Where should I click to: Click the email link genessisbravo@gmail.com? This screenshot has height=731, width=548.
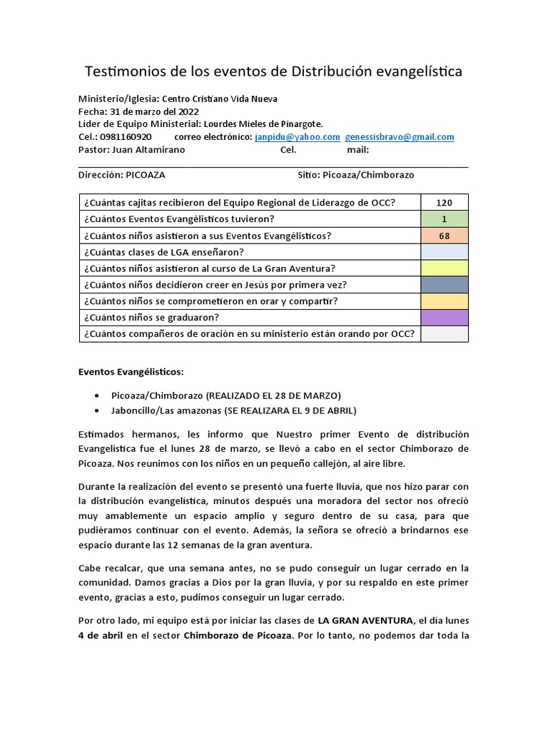click(399, 137)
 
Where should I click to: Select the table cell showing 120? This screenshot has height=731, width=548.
click(445, 203)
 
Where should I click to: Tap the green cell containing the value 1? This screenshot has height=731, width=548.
click(445, 218)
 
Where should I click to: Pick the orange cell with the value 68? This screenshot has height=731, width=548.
click(445, 236)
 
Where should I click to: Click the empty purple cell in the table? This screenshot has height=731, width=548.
click(445, 317)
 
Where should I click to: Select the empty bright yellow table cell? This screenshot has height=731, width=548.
click(445, 268)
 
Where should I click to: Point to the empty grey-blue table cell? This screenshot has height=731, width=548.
click(445, 285)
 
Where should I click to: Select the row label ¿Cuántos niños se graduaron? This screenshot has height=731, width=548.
click(151, 317)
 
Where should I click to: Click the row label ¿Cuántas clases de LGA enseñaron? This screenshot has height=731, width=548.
click(163, 252)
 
